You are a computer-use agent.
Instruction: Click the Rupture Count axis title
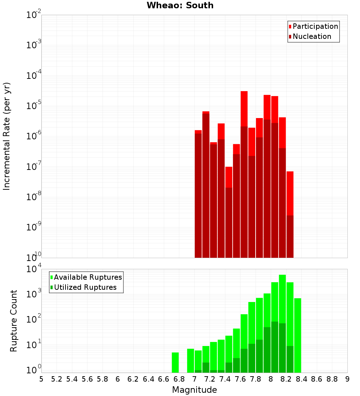pos(14,320)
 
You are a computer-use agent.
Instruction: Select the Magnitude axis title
pos(194,390)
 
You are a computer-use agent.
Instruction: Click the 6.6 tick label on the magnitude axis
pos(164,379)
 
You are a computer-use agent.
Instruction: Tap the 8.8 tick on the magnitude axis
pos(332,379)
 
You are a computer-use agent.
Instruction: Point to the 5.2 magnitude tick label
pos(57,379)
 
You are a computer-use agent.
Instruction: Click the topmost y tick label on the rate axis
pos(34,15)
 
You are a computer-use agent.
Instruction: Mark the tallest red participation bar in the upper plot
pos(244,108)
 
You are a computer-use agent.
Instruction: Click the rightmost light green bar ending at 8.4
pos(298,335)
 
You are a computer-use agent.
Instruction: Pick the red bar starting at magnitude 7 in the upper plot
pos(198,194)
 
